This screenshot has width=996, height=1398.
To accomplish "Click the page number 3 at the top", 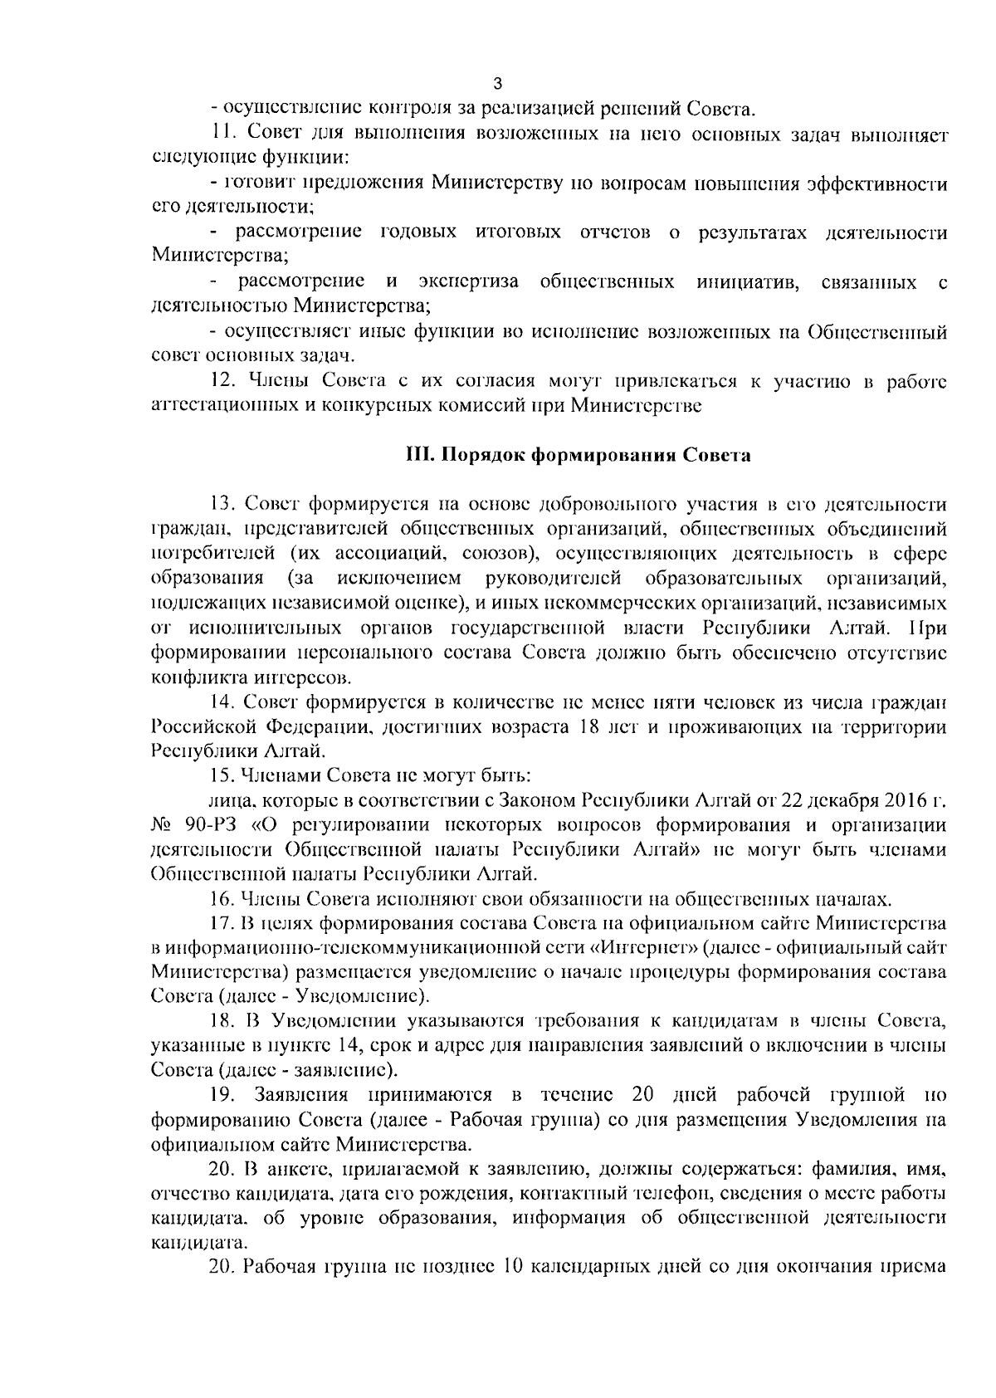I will (497, 83).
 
